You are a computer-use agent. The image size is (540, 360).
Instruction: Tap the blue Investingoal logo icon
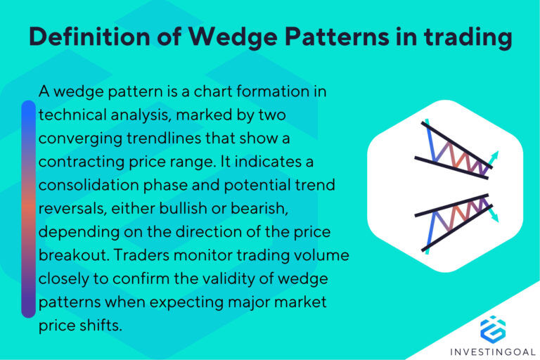tap(493, 329)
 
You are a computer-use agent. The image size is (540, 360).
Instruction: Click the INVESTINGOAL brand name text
tap(493, 349)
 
